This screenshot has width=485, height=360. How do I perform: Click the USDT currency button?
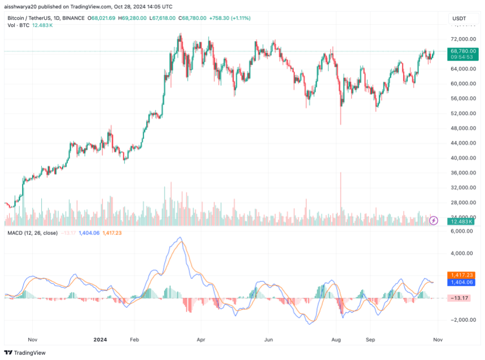click(x=460, y=19)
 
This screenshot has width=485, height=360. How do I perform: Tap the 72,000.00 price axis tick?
click(x=465, y=39)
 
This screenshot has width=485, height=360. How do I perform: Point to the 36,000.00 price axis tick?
click(x=465, y=172)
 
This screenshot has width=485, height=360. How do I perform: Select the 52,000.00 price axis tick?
click(x=465, y=113)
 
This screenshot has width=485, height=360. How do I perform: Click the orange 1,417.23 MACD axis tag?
click(x=462, y=275)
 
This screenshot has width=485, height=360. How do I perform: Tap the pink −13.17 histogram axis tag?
click(x=462, y=297)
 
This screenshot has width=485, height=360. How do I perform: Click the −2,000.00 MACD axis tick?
click(x=465, y=319)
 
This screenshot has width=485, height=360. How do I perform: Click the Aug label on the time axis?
click(x=336, y=340)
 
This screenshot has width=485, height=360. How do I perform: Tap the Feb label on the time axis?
click(x=134, y=340)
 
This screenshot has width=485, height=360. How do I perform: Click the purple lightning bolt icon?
click(x=433, y=220)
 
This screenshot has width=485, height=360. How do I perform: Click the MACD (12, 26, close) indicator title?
click(x=32, y=232)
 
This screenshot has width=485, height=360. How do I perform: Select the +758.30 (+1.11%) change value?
click(x=231, y=19)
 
